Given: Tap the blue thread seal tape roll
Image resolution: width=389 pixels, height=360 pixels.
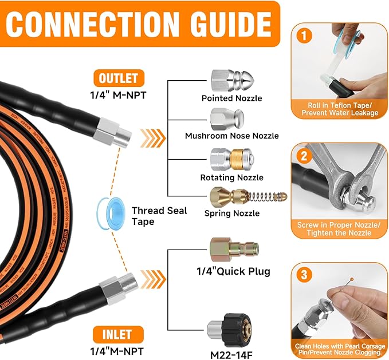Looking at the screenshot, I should [x=108, y=210].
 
